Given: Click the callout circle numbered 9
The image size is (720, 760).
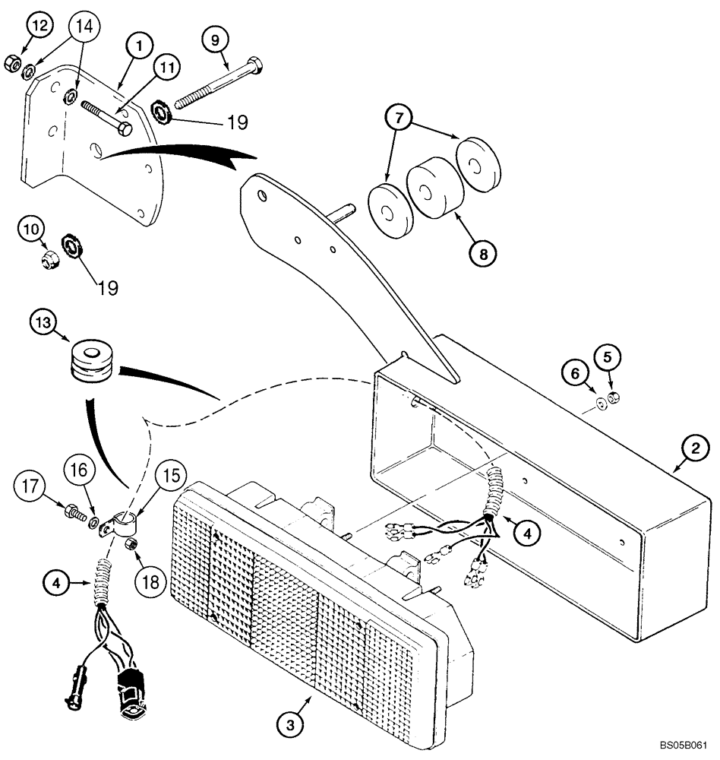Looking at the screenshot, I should click(215, 38).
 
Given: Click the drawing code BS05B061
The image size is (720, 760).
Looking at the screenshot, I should click(688, 746).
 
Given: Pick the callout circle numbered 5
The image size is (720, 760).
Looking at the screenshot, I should click(611, 355).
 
